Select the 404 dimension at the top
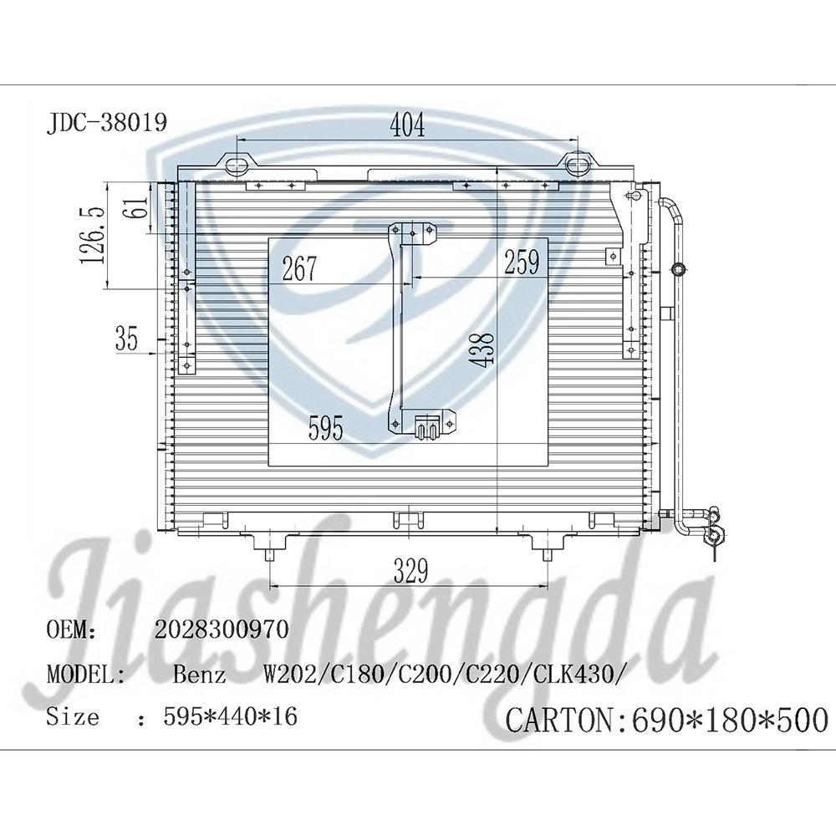pos(408,125)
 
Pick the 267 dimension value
pos(298,268)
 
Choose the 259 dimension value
pos(521,263)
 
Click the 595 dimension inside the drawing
pos(325,429)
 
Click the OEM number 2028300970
pos(221,630)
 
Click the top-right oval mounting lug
pos(576,163)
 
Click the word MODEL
pos(86,674)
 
